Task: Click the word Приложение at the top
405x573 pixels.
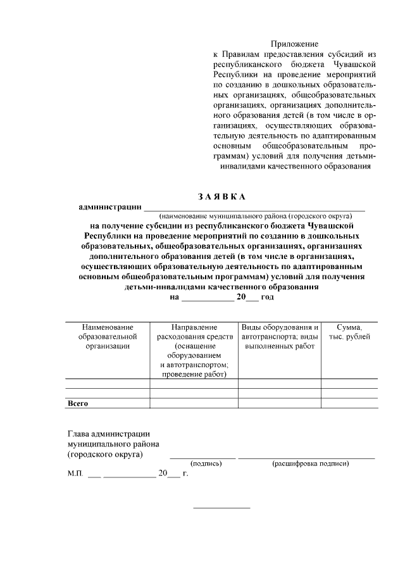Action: (x=294, y=44)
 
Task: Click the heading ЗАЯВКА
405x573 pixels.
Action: (x=221, y=196)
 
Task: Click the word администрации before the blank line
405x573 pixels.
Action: (x=109, y=206)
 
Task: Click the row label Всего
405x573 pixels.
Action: (x=78, y=403)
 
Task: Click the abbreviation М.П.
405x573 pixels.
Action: (x=75, y=473)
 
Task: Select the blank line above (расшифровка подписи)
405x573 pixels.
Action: (x=306, y=457)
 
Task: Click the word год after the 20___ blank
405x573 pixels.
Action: (x=267, y=296)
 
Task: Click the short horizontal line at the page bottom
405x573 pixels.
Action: (x=221, y=508)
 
